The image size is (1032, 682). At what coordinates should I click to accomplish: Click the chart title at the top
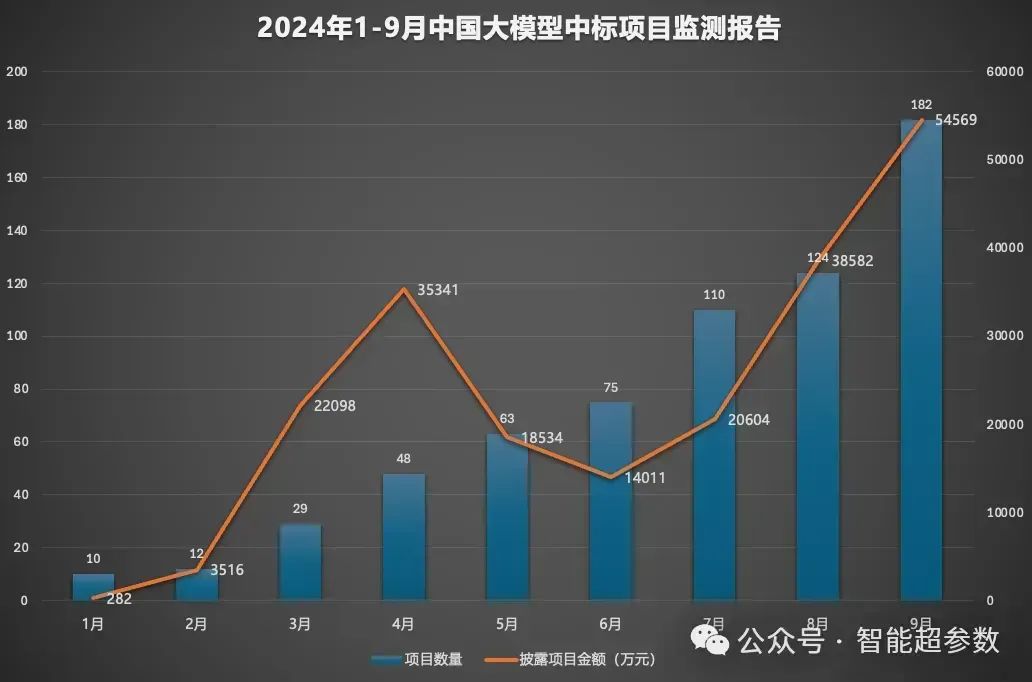[518, 28]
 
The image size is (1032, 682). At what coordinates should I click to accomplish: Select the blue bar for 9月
[921, 360]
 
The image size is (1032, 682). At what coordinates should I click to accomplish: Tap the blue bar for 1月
[93, 587]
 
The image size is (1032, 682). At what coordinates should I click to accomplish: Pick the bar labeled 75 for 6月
[610, 500]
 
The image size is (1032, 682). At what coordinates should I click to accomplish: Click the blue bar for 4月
[403, 537]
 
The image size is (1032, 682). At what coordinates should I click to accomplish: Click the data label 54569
[955, 120]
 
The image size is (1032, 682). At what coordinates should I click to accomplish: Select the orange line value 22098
[334, 406]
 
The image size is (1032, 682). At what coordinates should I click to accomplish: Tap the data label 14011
[644, 478]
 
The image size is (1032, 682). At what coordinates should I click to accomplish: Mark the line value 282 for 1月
[117, 599]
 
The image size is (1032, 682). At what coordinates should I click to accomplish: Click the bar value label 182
[921, 105]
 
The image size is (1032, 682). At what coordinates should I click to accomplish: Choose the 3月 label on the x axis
[299, 624]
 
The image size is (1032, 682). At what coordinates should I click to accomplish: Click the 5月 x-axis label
[507, 624]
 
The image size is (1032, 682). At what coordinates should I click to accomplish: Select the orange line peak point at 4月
[403, 290]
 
